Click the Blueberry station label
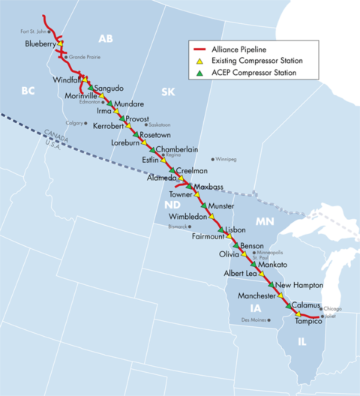[x=41, y=44]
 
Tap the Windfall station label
[x=67, y=79]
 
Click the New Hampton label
[x=298, y=286]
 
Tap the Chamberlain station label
[x=176, y=149]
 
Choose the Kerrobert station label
[x=108, y=125]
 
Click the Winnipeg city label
[x=226, y=160]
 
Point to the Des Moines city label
[x=253, y=321]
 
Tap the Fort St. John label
[x=34, y=31]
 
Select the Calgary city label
[x=74, y=123]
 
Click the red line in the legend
[x=199, y=48]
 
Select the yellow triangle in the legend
[x=199, y=60]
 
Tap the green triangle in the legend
[x=199, y=73]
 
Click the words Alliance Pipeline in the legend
[x=238, y=48]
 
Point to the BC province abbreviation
[x=28, y=91]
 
